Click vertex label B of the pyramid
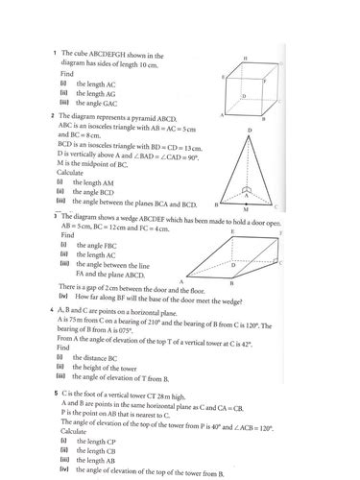click(217, 204)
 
